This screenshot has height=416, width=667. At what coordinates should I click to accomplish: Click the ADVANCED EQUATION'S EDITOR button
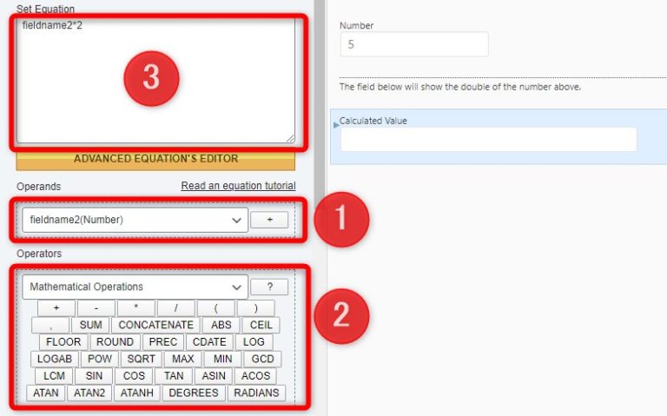(155, 159)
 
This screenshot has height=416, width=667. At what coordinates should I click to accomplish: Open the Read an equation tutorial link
(238, 186)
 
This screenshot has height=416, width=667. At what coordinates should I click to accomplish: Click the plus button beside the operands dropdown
(269, 221)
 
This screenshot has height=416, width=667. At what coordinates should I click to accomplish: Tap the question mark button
(269, 287)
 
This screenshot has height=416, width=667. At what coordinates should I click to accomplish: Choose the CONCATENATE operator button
(156, 325)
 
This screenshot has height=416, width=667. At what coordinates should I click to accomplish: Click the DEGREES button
(194, 393)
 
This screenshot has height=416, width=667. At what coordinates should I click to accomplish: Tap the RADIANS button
(256, 393)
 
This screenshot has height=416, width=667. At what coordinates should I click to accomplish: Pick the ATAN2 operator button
(89, 393)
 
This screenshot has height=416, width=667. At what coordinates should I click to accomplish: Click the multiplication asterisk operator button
(136, 308)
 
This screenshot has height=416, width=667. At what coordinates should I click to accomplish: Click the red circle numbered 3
(151, 78)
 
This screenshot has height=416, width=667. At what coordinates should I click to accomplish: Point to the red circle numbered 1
(340, 219)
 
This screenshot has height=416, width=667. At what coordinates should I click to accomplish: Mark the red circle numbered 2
(340, 314)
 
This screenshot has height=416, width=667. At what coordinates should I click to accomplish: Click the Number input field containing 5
(413, 44)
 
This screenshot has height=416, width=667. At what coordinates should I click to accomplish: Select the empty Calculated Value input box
(488, 139)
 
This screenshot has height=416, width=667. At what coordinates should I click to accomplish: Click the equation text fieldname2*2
(53, 25)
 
